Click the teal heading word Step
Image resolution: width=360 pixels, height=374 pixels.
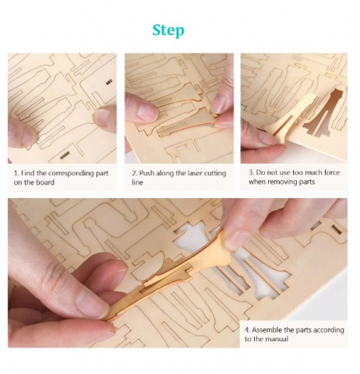click(168, 31)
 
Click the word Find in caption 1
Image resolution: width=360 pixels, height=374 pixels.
click(26, 173)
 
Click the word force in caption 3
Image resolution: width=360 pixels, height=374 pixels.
click(330, 173)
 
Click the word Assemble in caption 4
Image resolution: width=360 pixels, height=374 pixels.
click(266, 330)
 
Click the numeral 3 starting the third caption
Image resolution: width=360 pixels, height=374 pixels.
click(251, 173)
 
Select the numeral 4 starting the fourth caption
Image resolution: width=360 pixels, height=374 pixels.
click(247, 330)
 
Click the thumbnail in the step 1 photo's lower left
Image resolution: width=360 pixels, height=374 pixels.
click(30, 138)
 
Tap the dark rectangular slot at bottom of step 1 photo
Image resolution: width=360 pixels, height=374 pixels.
click(65, 155)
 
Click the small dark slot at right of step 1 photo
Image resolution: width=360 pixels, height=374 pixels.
click(109, 83)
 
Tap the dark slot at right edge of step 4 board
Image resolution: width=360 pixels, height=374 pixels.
click(337, 229)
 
